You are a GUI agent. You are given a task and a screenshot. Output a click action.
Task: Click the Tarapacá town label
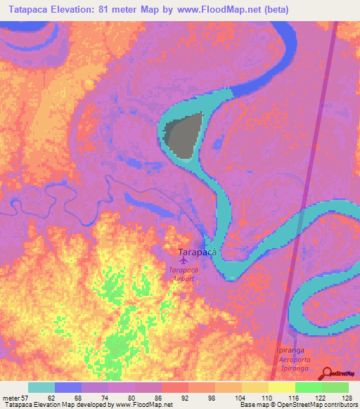196,252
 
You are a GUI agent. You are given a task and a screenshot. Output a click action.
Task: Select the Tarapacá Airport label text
183,273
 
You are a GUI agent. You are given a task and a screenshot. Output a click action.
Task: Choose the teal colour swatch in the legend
41,387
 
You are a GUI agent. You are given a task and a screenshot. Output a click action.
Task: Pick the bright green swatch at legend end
335,387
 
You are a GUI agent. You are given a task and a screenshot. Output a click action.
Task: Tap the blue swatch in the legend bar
68,387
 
